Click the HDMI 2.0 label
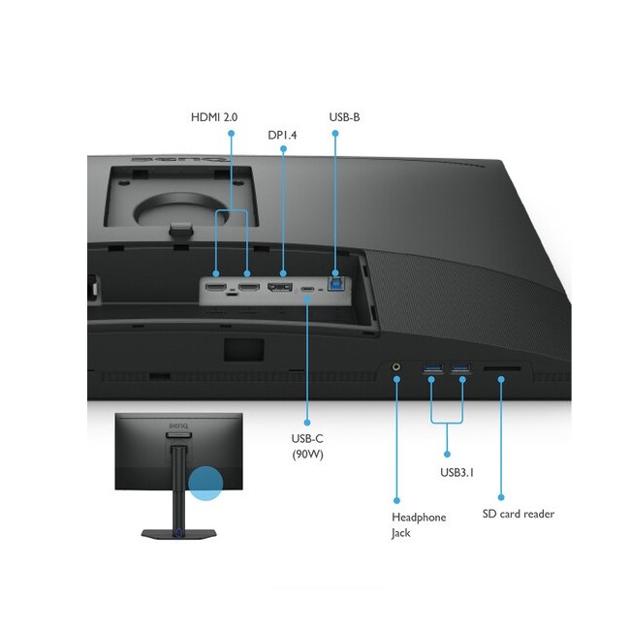pyautogui.click(x=213, y=117)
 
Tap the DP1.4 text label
pyautogui.click(x=282, y=135)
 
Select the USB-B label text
pyautogui.click(x=345, y=117)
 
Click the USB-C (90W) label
pyautogui.click(x=307, y=446)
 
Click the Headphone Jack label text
pyautogui.click(x=419, y=524)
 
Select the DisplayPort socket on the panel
pyautogui.click(x=281, y=288)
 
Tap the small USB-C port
pyautogui.click(x=307, y=289)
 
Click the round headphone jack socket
pyautogui.click(x=396, y=368)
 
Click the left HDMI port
pyautogui.click(x=216, y=287)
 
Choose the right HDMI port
pyautogui.click(x=248, y=287)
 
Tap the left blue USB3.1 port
pyautogui.click(x=432, y=368)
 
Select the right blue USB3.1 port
pyautogui.click(x=460, y=368)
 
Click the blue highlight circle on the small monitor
pyautogui.click(x=205, y=482)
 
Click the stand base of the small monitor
pyautogui.click(x=176, y=533)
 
